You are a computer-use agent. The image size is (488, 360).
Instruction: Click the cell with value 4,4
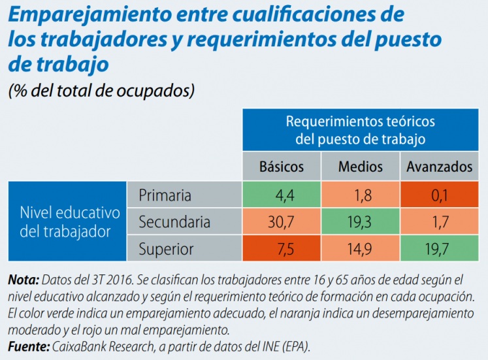(282, 195)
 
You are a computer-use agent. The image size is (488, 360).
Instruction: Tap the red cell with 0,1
(439, 195)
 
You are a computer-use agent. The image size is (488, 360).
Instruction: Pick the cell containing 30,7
(282, 222)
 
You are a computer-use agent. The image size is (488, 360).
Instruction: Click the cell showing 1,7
(439, 222)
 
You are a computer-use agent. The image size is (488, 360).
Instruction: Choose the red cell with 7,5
(282, 249)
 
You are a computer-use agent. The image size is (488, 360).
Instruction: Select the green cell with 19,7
(439, 249)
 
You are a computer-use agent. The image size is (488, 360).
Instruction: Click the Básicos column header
(282, 167)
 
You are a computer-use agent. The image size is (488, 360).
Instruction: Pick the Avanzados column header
(439, 167)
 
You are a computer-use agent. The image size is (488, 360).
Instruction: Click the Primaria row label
(165, 195)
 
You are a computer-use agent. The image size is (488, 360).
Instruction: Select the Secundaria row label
(174, 222)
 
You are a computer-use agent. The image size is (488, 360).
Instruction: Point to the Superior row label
(166, 249)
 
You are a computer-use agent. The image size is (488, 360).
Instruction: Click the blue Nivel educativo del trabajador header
(68, 221)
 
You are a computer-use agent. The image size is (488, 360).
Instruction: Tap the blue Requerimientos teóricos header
(360, 130)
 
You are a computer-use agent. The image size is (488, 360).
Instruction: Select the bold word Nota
(23, 280)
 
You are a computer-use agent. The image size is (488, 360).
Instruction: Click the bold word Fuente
(28, 346)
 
